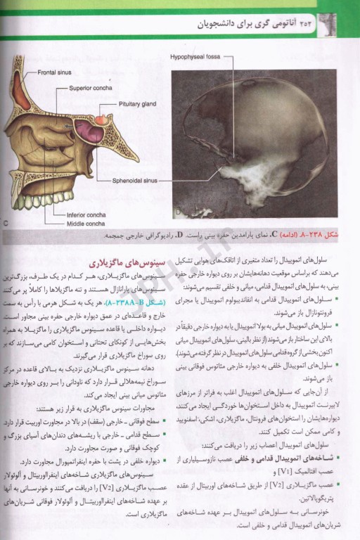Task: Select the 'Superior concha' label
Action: coord(91,88)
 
